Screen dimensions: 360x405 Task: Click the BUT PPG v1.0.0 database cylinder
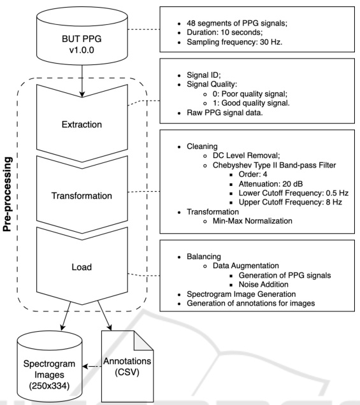coord(82,36)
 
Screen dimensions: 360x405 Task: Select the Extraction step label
coord(82,125)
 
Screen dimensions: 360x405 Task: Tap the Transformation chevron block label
coord(82,195)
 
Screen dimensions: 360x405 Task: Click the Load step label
coord(82,267)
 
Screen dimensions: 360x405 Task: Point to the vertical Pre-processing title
coord(8,194)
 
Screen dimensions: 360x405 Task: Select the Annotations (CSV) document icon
coord(127,366)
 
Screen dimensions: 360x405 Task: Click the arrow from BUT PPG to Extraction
coord(82,81)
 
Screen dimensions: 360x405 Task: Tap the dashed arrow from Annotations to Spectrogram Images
coord(92,366)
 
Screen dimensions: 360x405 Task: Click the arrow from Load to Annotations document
coord(104,316)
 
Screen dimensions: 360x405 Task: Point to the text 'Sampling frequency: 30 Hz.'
coord(234,42)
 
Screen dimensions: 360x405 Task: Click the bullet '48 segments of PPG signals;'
coord(237,24)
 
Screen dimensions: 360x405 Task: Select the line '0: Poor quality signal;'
coord(250,94)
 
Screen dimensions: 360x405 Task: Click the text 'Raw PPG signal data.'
coord(224,113)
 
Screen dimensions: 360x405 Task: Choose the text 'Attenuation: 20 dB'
coord(271,184)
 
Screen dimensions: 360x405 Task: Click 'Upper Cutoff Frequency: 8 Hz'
coord(290,202)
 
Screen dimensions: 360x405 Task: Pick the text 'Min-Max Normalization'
coord(252,221)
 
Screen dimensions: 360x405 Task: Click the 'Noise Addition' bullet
coord(263,285)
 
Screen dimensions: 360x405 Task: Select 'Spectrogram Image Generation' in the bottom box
coord(241,294)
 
